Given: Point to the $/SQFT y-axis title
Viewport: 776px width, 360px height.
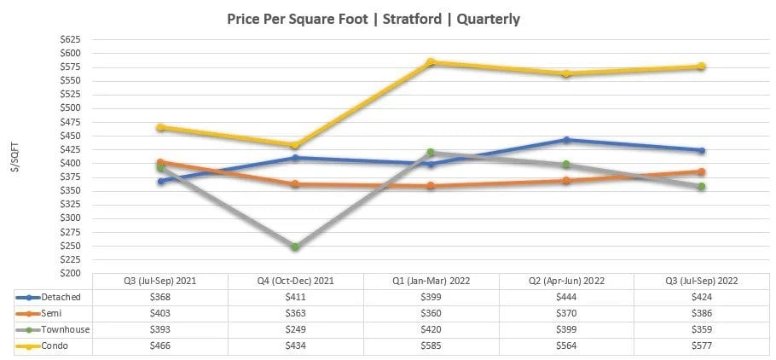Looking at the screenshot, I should [x=14, y=158].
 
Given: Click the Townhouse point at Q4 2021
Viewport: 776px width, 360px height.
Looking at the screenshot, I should [x=295, y=247].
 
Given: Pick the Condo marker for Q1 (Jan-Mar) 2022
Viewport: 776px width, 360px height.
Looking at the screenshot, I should [x=431, y=61].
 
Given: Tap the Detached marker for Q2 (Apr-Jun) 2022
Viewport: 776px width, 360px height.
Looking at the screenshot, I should [x=566, y=140].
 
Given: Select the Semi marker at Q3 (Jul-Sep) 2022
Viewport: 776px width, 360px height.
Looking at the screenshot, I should [x=702, y=171].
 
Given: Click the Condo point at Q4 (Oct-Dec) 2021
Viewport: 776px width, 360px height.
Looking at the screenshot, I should [x=295, y=145].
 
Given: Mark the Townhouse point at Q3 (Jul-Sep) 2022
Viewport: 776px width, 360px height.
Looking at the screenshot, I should [x=702, y=186].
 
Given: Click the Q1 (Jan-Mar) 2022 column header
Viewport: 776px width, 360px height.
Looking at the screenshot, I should [x=431, y=281].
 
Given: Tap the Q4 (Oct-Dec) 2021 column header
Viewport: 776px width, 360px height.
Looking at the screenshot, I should [x=295, y=281].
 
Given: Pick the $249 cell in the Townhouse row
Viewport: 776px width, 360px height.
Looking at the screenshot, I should [x=295, y=329].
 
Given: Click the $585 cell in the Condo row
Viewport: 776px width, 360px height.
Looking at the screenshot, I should [x=431, y=345].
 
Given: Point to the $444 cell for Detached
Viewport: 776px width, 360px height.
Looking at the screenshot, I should [x=566, y=297].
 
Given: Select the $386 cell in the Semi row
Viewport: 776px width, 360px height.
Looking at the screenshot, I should [x=702, y=313].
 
